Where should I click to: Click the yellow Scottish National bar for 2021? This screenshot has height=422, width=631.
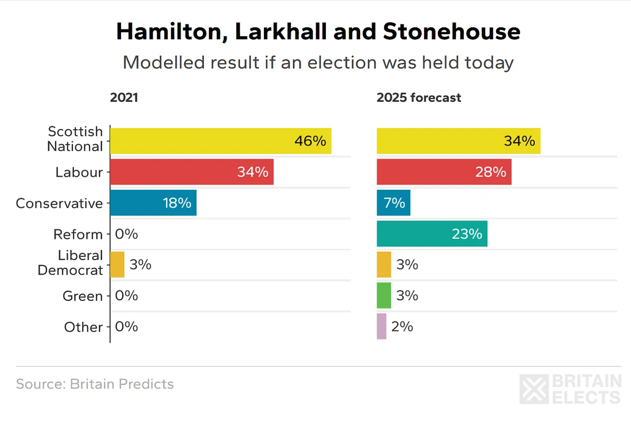tap(220, 141)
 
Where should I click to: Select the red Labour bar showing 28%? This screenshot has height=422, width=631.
tap(443, 172)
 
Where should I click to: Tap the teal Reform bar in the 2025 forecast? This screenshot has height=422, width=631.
tap(432, 234)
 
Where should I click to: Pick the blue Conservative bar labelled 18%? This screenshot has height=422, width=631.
tap(153, 203)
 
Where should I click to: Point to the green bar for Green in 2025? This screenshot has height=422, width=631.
tap(383, 295)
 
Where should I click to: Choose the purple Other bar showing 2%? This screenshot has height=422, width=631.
tap(381, 326)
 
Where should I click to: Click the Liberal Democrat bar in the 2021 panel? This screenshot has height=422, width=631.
tap(117, 265)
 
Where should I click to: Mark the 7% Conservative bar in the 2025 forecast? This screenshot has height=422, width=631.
tap(393, 203)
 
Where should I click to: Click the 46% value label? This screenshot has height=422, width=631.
tap(310, 141)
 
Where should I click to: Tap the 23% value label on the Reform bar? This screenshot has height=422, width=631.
tap(467, 234)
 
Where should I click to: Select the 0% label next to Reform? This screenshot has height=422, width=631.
tap(126, 234)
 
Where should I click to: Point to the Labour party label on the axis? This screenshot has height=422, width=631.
tap(79, 172)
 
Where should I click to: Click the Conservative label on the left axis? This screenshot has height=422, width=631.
tap(59, 203)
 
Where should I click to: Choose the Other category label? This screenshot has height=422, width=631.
tap(83, 327)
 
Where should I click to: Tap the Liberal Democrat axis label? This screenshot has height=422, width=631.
tap(70, 263)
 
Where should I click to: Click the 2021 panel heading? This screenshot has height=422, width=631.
tap(124, 97)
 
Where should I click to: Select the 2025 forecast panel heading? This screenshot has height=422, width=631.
tap(419, 97)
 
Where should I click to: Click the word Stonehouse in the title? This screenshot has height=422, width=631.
tap(451, 32)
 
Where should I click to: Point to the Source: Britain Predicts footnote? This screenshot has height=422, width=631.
tap(95, 384)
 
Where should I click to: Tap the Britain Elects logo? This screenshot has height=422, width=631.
tap(570, 389)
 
